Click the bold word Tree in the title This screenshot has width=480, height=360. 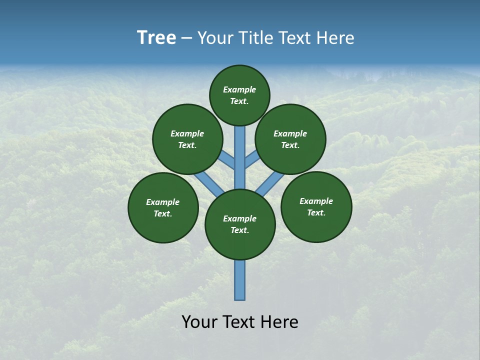point(156,38)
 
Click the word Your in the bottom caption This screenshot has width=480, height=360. point(200,322)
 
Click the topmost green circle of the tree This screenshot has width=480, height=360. point(239,95)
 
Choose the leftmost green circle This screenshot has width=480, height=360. point(163,207)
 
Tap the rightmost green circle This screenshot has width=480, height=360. point(316,206)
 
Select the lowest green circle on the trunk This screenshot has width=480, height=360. point(240,224)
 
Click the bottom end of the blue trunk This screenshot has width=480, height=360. point(240,296)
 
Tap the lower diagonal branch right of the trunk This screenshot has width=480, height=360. point(270,183)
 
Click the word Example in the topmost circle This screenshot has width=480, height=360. point(239,90)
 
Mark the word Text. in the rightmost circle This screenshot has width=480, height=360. point(316,212)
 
